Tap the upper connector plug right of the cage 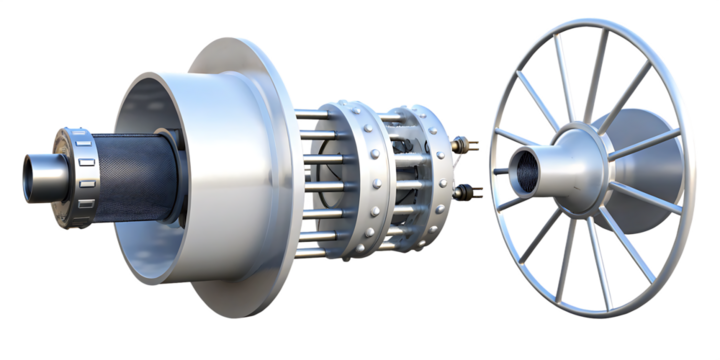(x=462, y=147)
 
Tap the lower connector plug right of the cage (x=463, y=189)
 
